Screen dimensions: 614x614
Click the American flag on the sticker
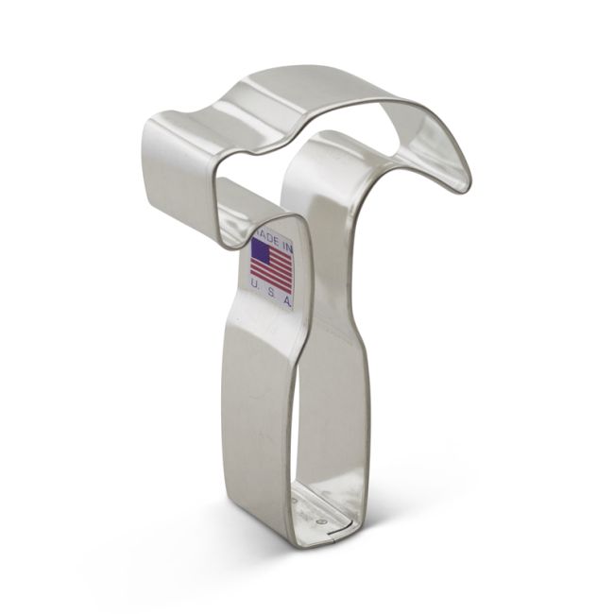click(272, 266)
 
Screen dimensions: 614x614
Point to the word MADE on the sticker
click(264, 232)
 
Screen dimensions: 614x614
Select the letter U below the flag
click(257, 294)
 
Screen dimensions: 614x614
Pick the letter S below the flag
click(270, 297)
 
